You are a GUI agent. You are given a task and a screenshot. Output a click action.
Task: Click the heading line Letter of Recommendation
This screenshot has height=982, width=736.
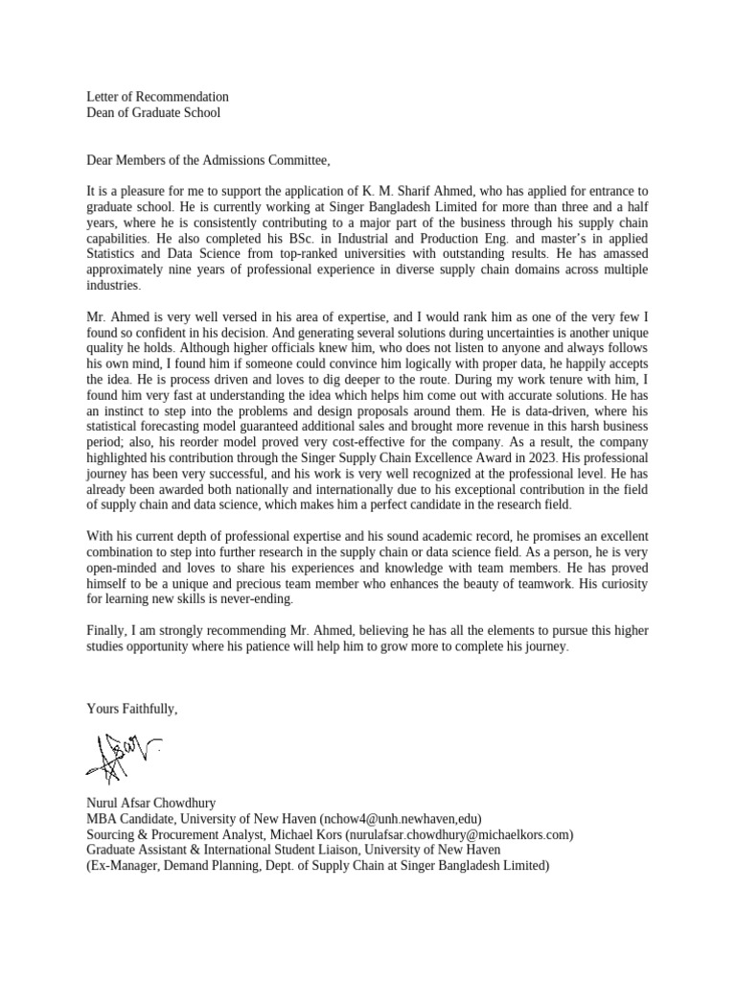(157, 97)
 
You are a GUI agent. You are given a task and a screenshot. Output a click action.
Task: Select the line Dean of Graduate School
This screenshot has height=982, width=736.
(153, 113)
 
